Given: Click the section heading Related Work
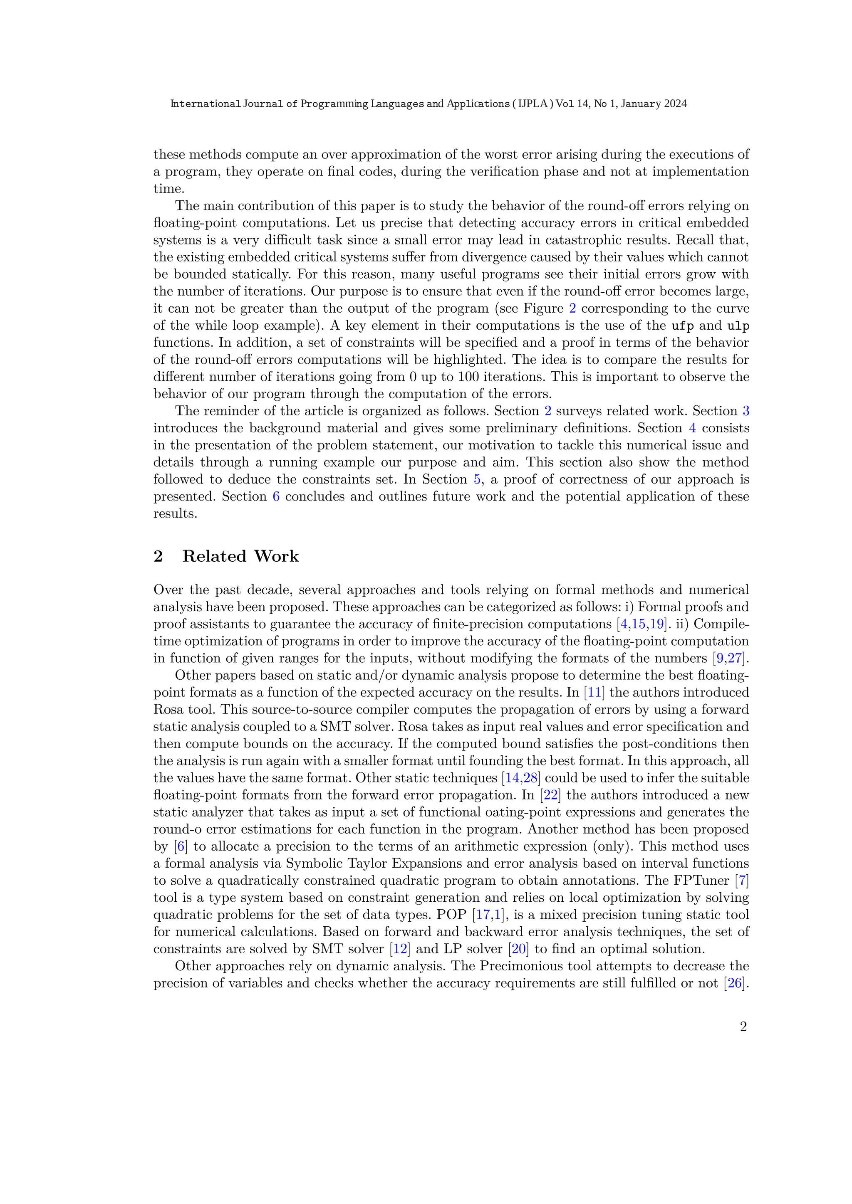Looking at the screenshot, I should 240,556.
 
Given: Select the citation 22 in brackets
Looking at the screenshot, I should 550,795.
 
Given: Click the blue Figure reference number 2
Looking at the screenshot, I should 572,308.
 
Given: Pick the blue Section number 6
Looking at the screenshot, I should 276,496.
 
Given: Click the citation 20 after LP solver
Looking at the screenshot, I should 518,949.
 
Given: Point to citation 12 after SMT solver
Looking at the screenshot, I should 400,949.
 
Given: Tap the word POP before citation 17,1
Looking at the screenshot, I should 452,915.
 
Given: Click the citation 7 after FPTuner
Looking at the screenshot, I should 742,881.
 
